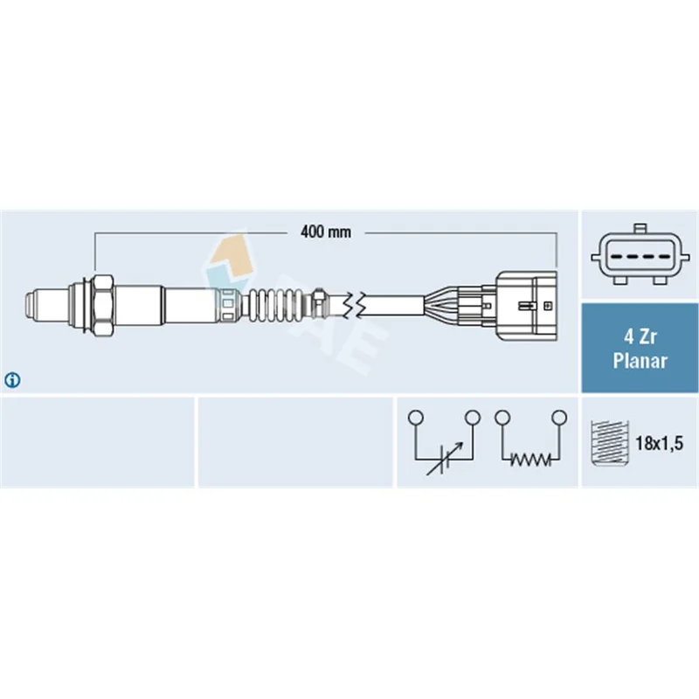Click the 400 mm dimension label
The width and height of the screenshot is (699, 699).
(325, 232)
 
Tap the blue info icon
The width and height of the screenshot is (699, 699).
(12, 380)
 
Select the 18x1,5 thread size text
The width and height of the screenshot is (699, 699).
(659, 443)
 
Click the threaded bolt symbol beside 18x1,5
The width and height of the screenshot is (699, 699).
(609, 443)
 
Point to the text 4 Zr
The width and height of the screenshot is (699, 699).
(640, 337)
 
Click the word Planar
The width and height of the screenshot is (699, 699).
(640, 361)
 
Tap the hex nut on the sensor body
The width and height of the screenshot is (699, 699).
(102, 305)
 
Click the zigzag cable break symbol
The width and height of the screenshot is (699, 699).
(355, 305)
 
